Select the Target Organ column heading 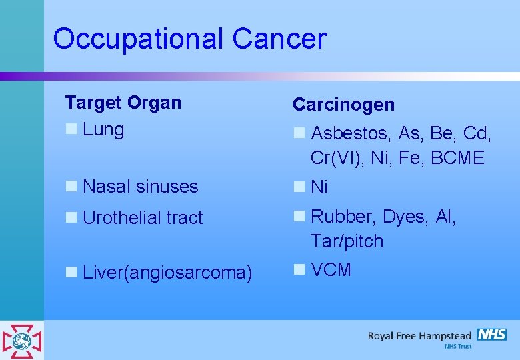click(123, 103)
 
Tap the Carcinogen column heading click(343, 105)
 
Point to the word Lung click(103, 129)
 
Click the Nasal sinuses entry click(140, 187)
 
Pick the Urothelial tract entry click(143, 217)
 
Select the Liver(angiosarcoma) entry click(167, 273)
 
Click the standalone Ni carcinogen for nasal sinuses click(319, 188)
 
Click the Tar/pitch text click(347, 241)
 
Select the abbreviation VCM click(331, 270)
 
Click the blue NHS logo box click(491, 335)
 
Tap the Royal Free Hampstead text click(419, 336)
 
